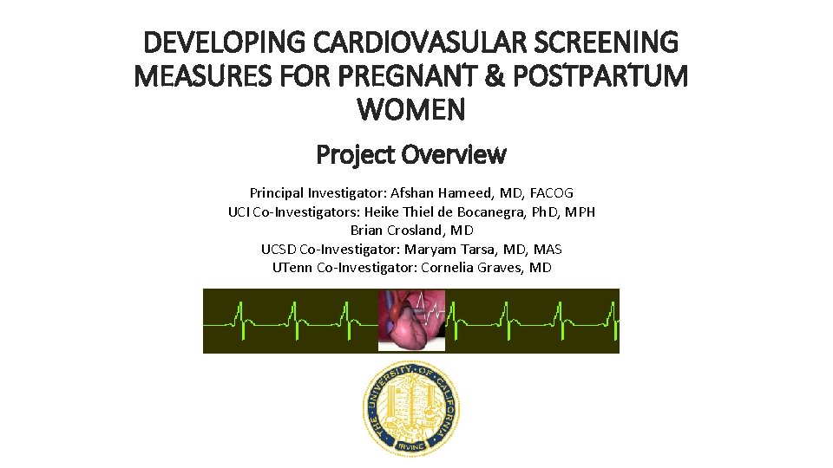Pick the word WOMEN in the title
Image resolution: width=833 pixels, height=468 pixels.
[411, 110]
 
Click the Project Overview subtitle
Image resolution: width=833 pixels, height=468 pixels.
[411, 155]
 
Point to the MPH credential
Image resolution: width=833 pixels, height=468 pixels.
[577, 211]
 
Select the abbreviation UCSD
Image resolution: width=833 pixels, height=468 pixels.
[279, 249]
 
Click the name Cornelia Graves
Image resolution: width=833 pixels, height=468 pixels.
[467, 268]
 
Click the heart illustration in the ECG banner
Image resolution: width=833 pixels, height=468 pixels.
[411, 321]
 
